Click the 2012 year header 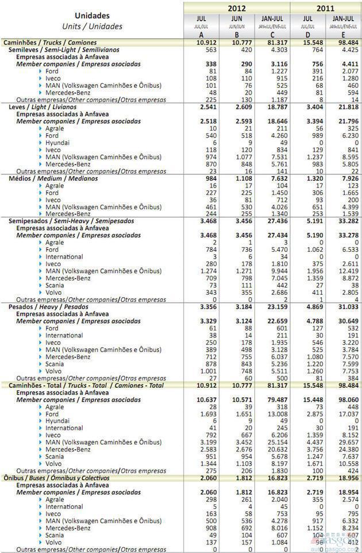point(237,8)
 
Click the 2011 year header point(326,8)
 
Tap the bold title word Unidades point(92,16)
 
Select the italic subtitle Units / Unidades point(92,26)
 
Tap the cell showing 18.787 point(276,107)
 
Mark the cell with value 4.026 point(278,207)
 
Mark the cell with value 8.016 point(278,527)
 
